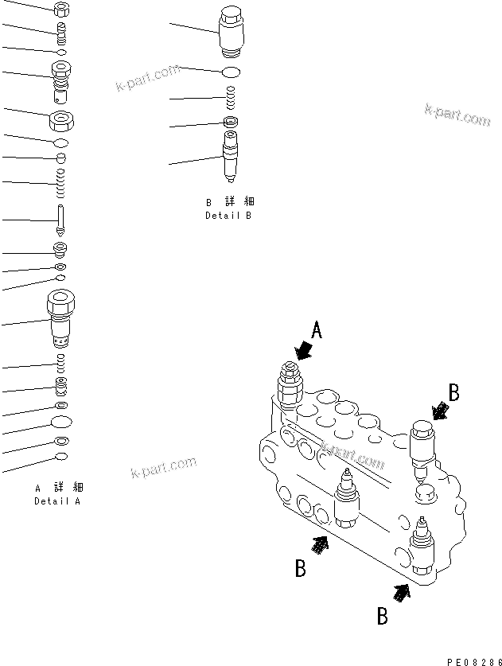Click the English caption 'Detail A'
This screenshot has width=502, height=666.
(x=57, y=501)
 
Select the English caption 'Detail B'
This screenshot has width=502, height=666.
(x=228, y=216)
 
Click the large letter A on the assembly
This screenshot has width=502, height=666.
(x=316, y=331)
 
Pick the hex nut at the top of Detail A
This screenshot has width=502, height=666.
(x=61, y=10)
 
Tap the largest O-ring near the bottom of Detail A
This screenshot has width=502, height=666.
(x=61, y=421)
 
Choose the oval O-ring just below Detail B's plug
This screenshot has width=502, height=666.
(x=230, y=72)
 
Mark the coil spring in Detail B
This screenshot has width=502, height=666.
(x=230, y=98)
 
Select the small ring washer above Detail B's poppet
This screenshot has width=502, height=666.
(x=230, y=122)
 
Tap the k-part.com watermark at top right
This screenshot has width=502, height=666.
(x=457, y=116)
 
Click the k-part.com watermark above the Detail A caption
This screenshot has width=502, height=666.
(x=162, y=469)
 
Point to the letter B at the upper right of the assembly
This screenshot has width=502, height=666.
(x=453, y=391)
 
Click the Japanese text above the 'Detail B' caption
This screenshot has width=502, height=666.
(x=228, y=202)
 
